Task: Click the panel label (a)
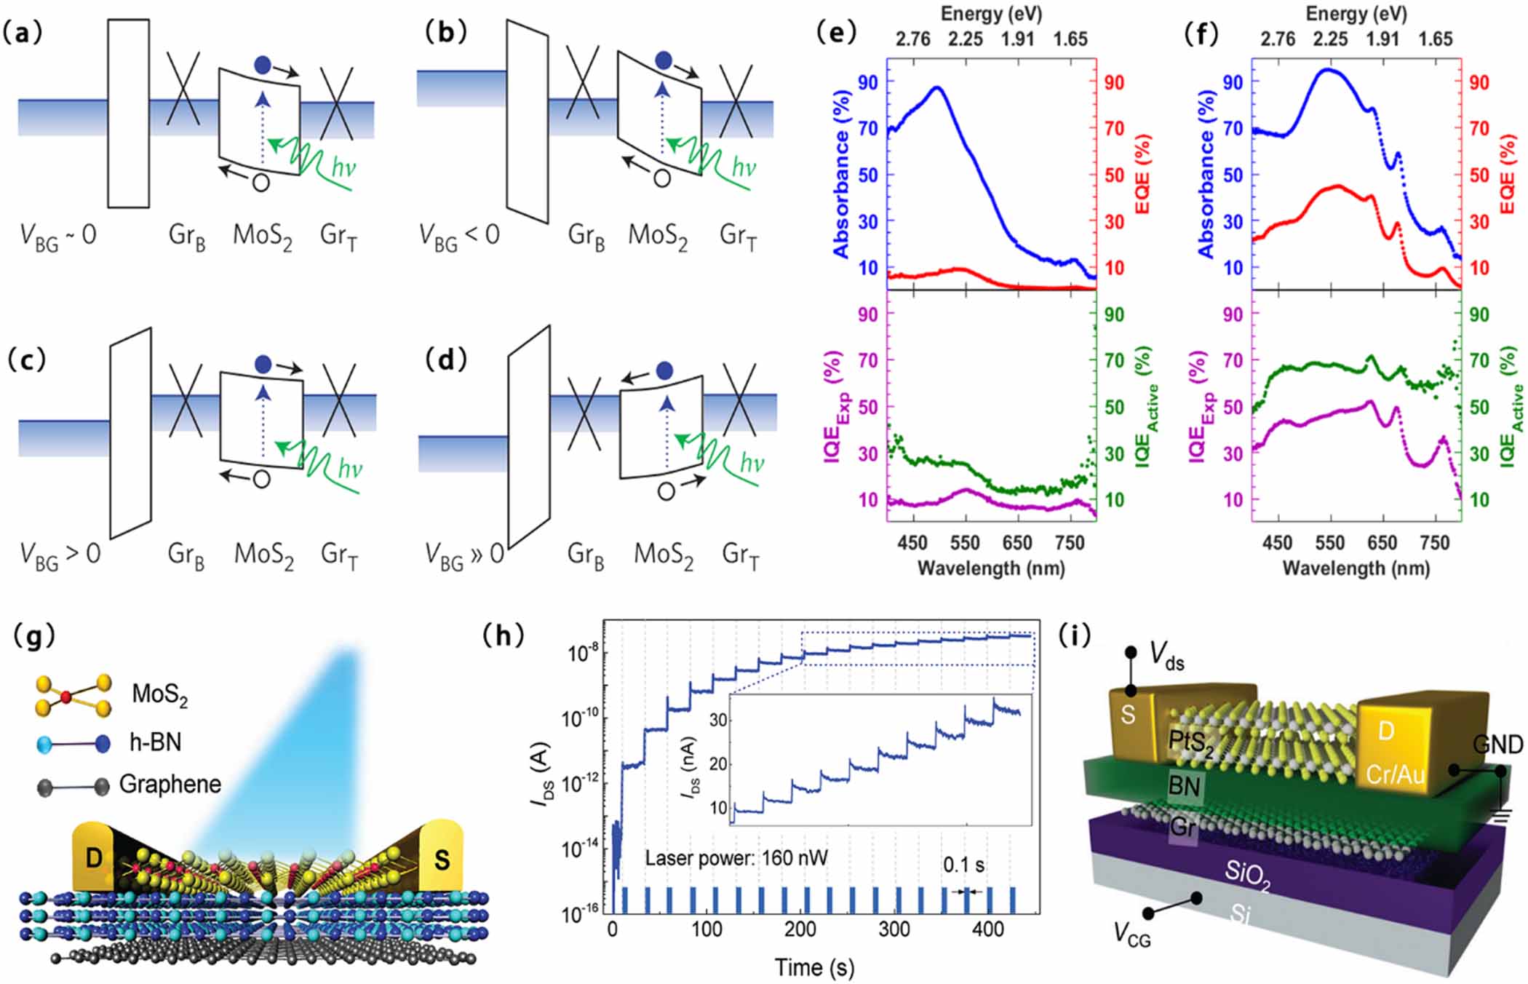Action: (x=23, y=33)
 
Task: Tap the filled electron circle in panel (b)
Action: (x=664, y=60)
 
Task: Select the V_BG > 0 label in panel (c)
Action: (x=60, y=555)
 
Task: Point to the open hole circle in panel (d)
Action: (x=666, y=492)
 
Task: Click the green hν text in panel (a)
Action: (x=343, y=168)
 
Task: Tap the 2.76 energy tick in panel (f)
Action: (x=1277, y=39)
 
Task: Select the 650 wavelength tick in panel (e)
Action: (x=1017, y=543)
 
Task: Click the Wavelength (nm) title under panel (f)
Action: (x=1356, y=568)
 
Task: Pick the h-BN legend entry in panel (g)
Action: (x=155, y=742)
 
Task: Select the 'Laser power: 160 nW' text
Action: (x=736, y=858)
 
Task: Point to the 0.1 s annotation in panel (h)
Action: (x=963, y=865)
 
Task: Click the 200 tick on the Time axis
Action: (x=800, y=929)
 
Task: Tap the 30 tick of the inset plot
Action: (x=718, y=721)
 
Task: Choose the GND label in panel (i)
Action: (x=1497, y=745)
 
